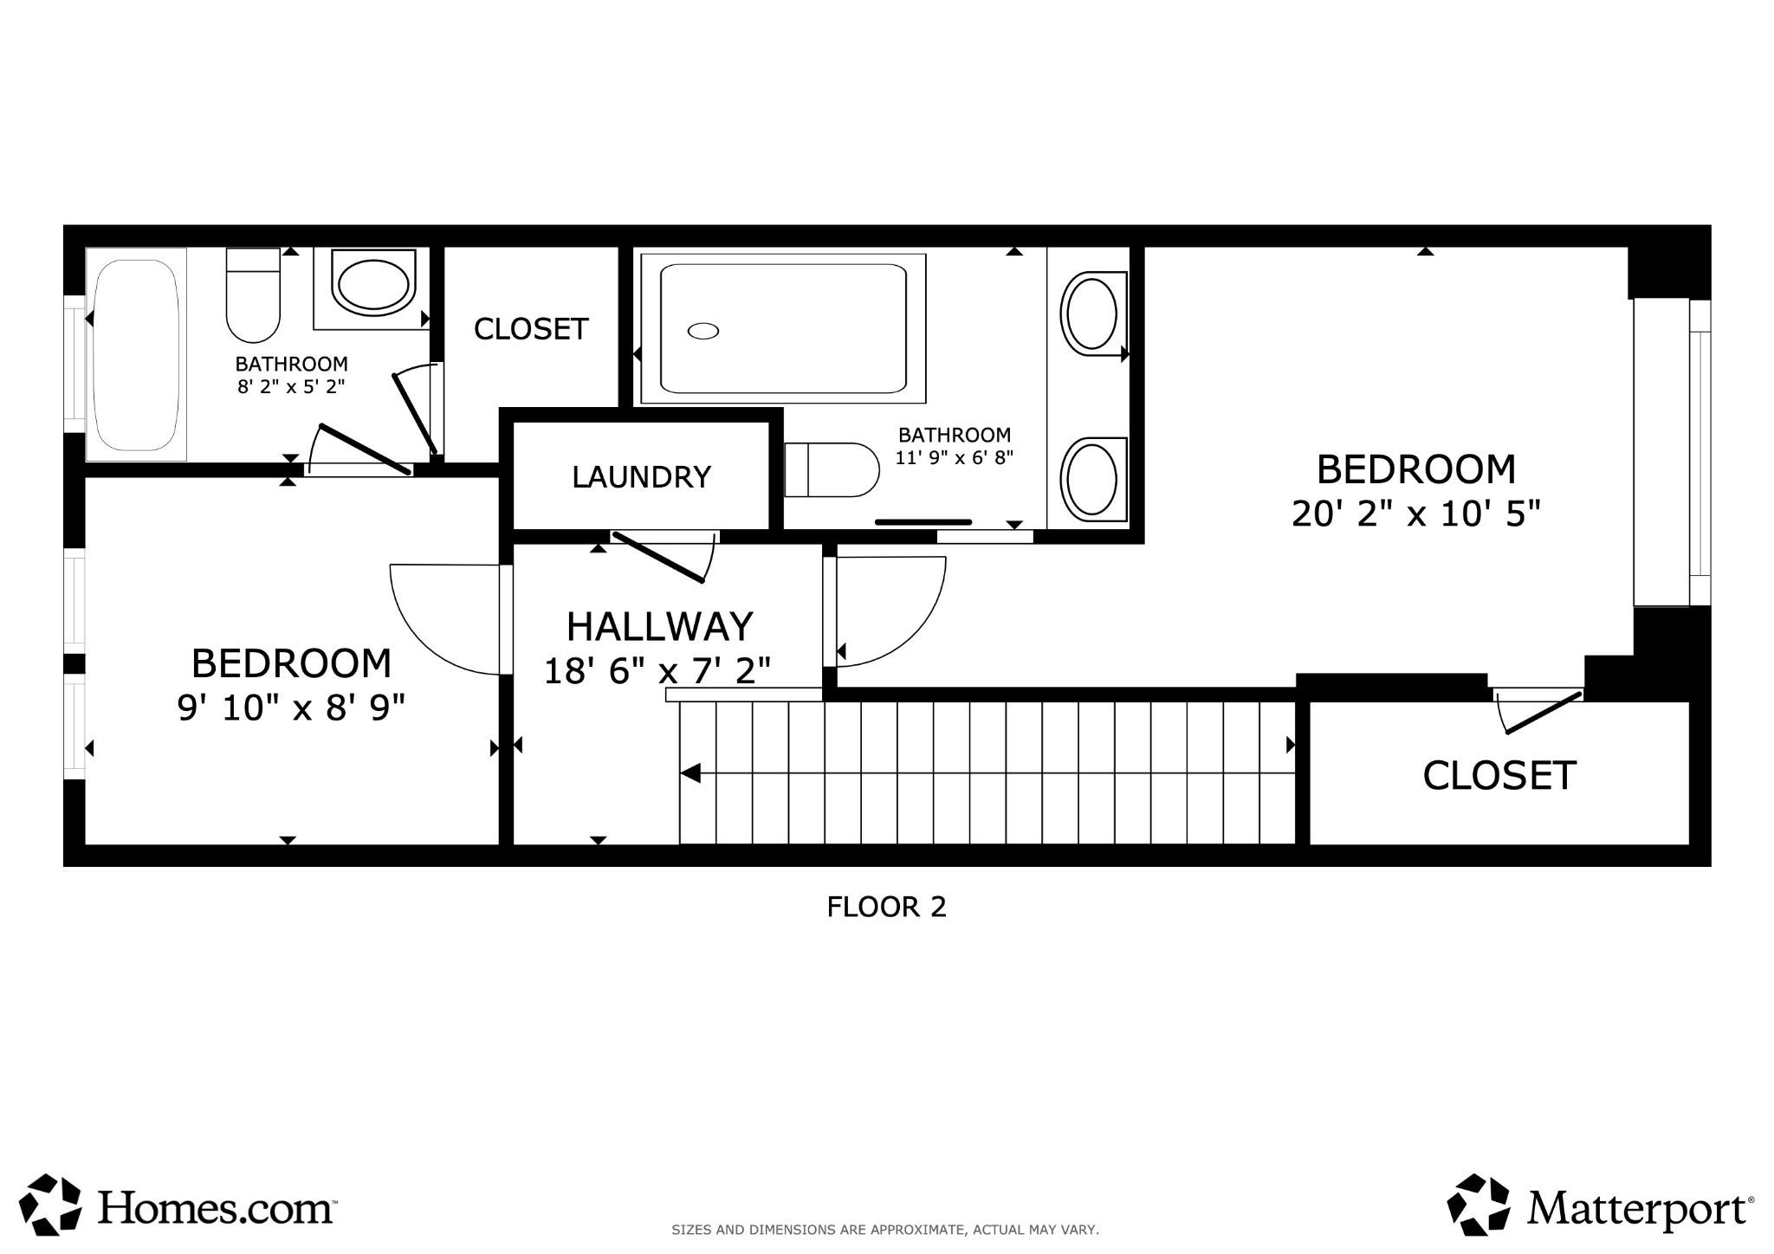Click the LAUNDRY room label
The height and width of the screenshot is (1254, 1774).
(x=641, y=476)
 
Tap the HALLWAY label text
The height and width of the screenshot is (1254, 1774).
(x=659, y=625)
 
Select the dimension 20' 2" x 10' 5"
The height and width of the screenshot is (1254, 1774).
(x=1416, y=514)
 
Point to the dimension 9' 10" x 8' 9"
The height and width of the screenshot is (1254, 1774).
(x=291, y=708)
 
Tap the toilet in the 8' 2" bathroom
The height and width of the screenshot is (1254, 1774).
(x=253, y=295)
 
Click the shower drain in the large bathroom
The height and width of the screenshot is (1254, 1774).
(x=703, y=330)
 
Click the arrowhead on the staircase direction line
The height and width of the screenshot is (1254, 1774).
(x=690, y=773)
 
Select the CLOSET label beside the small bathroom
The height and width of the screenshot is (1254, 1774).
(x=531, y=328)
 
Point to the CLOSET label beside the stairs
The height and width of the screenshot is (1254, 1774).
(x=1499, y=775)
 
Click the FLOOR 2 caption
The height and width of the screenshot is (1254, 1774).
(x=886, y=907)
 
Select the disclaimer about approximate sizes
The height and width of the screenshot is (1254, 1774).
(x=885, y=1230)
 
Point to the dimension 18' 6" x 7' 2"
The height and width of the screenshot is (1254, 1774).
(x=657, y=670)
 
